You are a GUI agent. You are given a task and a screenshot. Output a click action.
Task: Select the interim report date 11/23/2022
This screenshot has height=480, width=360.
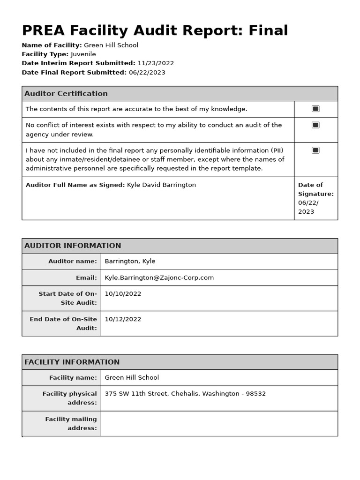pos(156,63)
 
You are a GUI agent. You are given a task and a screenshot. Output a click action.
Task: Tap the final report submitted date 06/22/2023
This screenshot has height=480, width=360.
pos(147,73)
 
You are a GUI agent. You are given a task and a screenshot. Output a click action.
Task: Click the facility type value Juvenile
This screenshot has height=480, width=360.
pos(83,54)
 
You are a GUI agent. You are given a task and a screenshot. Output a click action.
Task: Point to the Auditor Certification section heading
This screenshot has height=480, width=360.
pos(66,94)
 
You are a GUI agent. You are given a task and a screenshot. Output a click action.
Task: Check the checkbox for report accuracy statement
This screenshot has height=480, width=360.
pos(315,109)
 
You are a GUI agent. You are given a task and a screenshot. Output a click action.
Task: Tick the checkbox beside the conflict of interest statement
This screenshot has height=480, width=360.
pos(315,125)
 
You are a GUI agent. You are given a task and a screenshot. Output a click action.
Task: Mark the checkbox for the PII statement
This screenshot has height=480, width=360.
pos(315,150)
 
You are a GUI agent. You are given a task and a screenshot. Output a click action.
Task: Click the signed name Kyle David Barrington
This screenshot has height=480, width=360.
pos(161,185)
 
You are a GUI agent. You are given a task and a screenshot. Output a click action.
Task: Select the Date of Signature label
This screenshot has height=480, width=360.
pos(315,189)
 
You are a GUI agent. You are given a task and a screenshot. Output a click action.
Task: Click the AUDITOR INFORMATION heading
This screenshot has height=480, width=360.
pos(73,246)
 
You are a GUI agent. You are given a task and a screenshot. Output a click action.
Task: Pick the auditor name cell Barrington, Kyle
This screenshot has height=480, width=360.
pos(130,262)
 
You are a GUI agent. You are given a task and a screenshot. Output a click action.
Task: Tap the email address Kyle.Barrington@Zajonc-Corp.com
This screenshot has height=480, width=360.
pos(159,278)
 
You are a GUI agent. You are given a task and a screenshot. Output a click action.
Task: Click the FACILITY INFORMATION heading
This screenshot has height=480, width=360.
pos(72,362)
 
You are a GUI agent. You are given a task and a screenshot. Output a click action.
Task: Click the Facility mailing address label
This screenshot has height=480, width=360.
pos(71,423)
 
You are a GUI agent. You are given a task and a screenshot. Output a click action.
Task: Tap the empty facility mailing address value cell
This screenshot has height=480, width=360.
pos(219,423)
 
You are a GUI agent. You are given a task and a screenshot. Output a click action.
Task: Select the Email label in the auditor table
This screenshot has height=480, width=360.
pos(86,278)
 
